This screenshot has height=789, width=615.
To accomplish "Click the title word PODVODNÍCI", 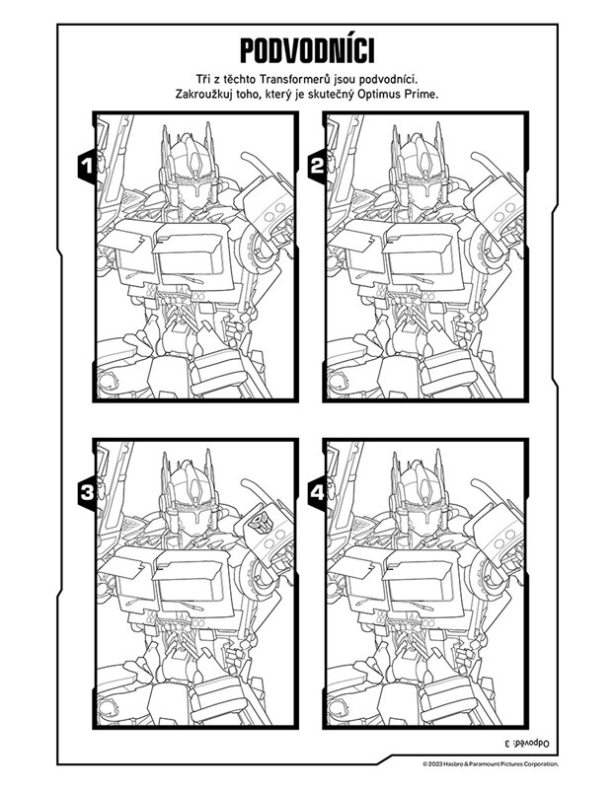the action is coord(307,51).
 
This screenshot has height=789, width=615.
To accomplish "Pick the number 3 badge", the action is coord(87,492).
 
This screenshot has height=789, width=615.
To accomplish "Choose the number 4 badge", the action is coord(317,492).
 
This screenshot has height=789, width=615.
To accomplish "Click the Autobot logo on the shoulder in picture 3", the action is coord(262,524).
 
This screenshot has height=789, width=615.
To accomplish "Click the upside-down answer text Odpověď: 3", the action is coord(526,743).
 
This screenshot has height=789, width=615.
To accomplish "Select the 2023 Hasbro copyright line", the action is coord(490,764).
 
